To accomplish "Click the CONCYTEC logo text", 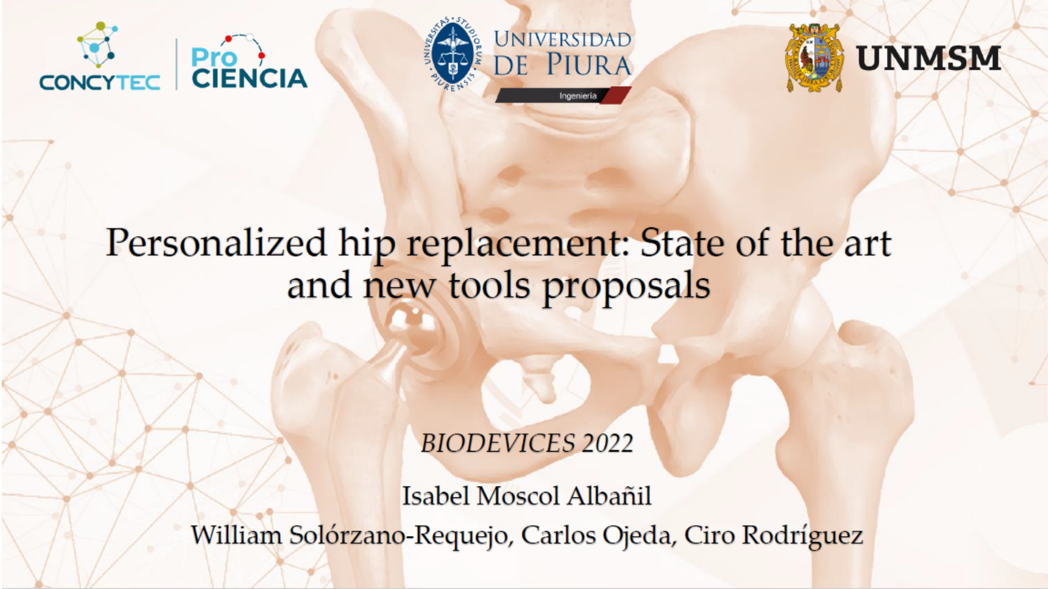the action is [x=100, y=82].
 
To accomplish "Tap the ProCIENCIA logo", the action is [x=249, y=62].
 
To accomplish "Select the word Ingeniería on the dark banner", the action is [x=577, y=96].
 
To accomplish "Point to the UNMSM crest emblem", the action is [x=814, y=58].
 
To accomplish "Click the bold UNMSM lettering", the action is [x=928, y=58].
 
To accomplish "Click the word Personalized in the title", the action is [x=216, y=243].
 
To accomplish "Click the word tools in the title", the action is [x=489, y=286].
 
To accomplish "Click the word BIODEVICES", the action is [x=498, y=443].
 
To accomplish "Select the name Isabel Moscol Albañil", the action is [x=527, y=496].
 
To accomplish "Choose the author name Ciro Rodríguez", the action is [x=773, y=536].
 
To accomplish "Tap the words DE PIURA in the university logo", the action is [x=562, y=65].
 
